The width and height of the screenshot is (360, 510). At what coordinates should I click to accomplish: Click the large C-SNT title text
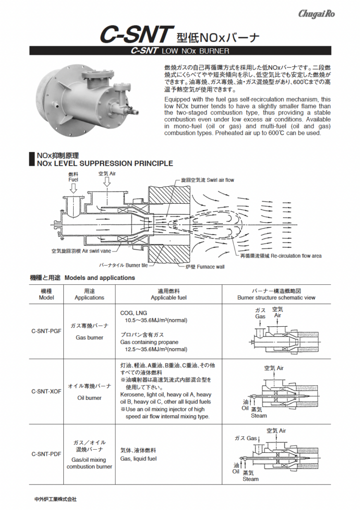[x=136, y=35]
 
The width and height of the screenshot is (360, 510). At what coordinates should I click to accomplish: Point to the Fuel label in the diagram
[x=73, y=179]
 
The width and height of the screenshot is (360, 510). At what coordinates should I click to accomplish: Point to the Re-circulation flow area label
[x=281, y=255]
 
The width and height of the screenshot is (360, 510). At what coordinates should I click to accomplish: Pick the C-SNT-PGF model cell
[x=46, y=331]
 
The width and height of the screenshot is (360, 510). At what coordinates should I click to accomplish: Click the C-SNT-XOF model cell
[x=46, y=391]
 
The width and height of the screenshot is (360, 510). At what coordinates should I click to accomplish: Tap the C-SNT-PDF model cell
[x=46, y=454]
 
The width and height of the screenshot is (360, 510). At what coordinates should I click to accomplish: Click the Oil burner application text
[x=90, y=398]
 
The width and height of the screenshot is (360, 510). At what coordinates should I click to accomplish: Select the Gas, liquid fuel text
[x=138, y=459]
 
